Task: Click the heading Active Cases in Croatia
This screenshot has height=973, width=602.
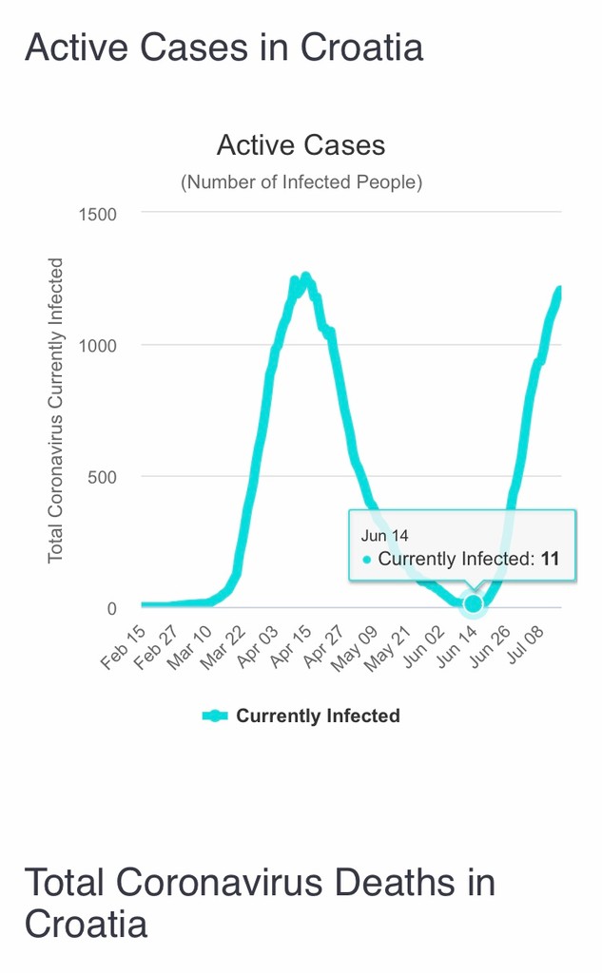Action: click(x=223, y=47)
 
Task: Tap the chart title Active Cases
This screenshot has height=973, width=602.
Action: click(x=301, y=145)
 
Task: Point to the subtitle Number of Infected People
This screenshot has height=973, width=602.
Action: click(x=301, y=181)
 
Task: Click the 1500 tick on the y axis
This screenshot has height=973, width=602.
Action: click(x=97, y=215)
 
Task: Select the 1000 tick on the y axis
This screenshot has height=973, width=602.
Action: click(x=97, y=346)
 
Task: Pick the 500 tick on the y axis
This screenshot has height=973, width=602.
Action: click(x=102, y=477)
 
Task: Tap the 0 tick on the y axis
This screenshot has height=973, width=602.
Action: click(x=111, y=608)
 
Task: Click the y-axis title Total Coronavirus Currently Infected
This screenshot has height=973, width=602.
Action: click(x=56, y=409)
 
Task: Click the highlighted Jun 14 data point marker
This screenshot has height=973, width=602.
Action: click(x=473, y=604)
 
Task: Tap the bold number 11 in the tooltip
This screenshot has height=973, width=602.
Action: click(x=550, y=559)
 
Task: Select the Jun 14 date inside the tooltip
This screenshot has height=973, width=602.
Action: click(x=385, y=536)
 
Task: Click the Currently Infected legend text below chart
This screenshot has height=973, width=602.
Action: click(x=318, y=716)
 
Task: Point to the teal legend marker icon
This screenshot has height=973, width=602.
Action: click(x=215, y=716)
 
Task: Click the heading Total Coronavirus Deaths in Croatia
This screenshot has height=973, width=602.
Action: click(x=259, y=902)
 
